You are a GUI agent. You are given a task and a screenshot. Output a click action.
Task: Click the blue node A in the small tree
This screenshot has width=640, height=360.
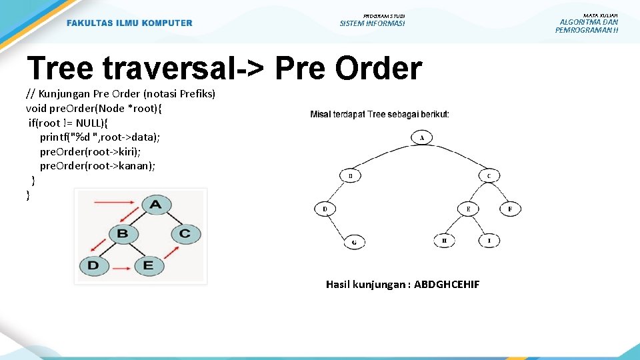(x=155, y=204)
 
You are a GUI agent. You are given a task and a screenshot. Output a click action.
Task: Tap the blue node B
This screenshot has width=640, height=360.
(x=123, y=234)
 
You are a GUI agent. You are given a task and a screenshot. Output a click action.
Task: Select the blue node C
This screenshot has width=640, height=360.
(x=185, y=234)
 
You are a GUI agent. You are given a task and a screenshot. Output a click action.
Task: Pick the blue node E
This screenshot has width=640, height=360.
(x=148, y=265)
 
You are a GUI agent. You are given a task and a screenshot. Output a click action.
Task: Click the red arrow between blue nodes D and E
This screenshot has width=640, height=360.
(x=121, y=270)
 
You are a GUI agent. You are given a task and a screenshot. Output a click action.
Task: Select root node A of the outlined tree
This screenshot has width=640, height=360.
(x=422, y=138)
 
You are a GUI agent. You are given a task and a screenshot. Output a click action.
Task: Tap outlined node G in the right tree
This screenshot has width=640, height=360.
(x=354, y=242)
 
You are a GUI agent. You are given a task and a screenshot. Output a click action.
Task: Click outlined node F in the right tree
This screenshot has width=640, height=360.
(x=510, y=209)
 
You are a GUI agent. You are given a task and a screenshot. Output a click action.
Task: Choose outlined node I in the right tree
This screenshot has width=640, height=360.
(x=489, y=240)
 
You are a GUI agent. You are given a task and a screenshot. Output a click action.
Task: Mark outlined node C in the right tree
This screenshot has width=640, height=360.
(x=489, y=176)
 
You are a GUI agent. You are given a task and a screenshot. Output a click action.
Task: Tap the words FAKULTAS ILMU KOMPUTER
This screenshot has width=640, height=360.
(x=129, y=23)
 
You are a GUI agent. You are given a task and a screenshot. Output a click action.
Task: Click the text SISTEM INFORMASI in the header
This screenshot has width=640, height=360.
(x=372, y=24)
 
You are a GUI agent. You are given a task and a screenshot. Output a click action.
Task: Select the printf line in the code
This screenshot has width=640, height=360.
(x=100, y=137)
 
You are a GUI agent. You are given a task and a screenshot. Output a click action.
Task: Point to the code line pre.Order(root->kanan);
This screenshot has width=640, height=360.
(x=97, y=166)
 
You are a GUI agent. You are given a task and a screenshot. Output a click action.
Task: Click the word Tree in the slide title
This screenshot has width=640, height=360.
(x=60, y=68)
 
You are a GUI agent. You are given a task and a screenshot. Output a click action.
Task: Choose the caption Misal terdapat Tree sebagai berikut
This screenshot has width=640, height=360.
(x=379, y=115)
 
